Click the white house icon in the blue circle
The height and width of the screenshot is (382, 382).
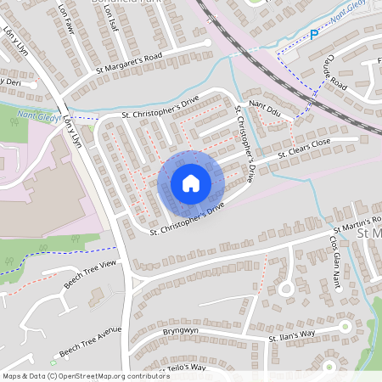(x=190, y=183)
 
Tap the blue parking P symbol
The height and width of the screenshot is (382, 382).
(x=313, y=35)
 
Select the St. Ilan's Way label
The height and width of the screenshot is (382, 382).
(x=292, y=334)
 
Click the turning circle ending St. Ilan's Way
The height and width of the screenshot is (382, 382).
(x=345, y=327)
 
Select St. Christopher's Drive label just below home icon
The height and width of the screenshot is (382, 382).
(x=187, y=219)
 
